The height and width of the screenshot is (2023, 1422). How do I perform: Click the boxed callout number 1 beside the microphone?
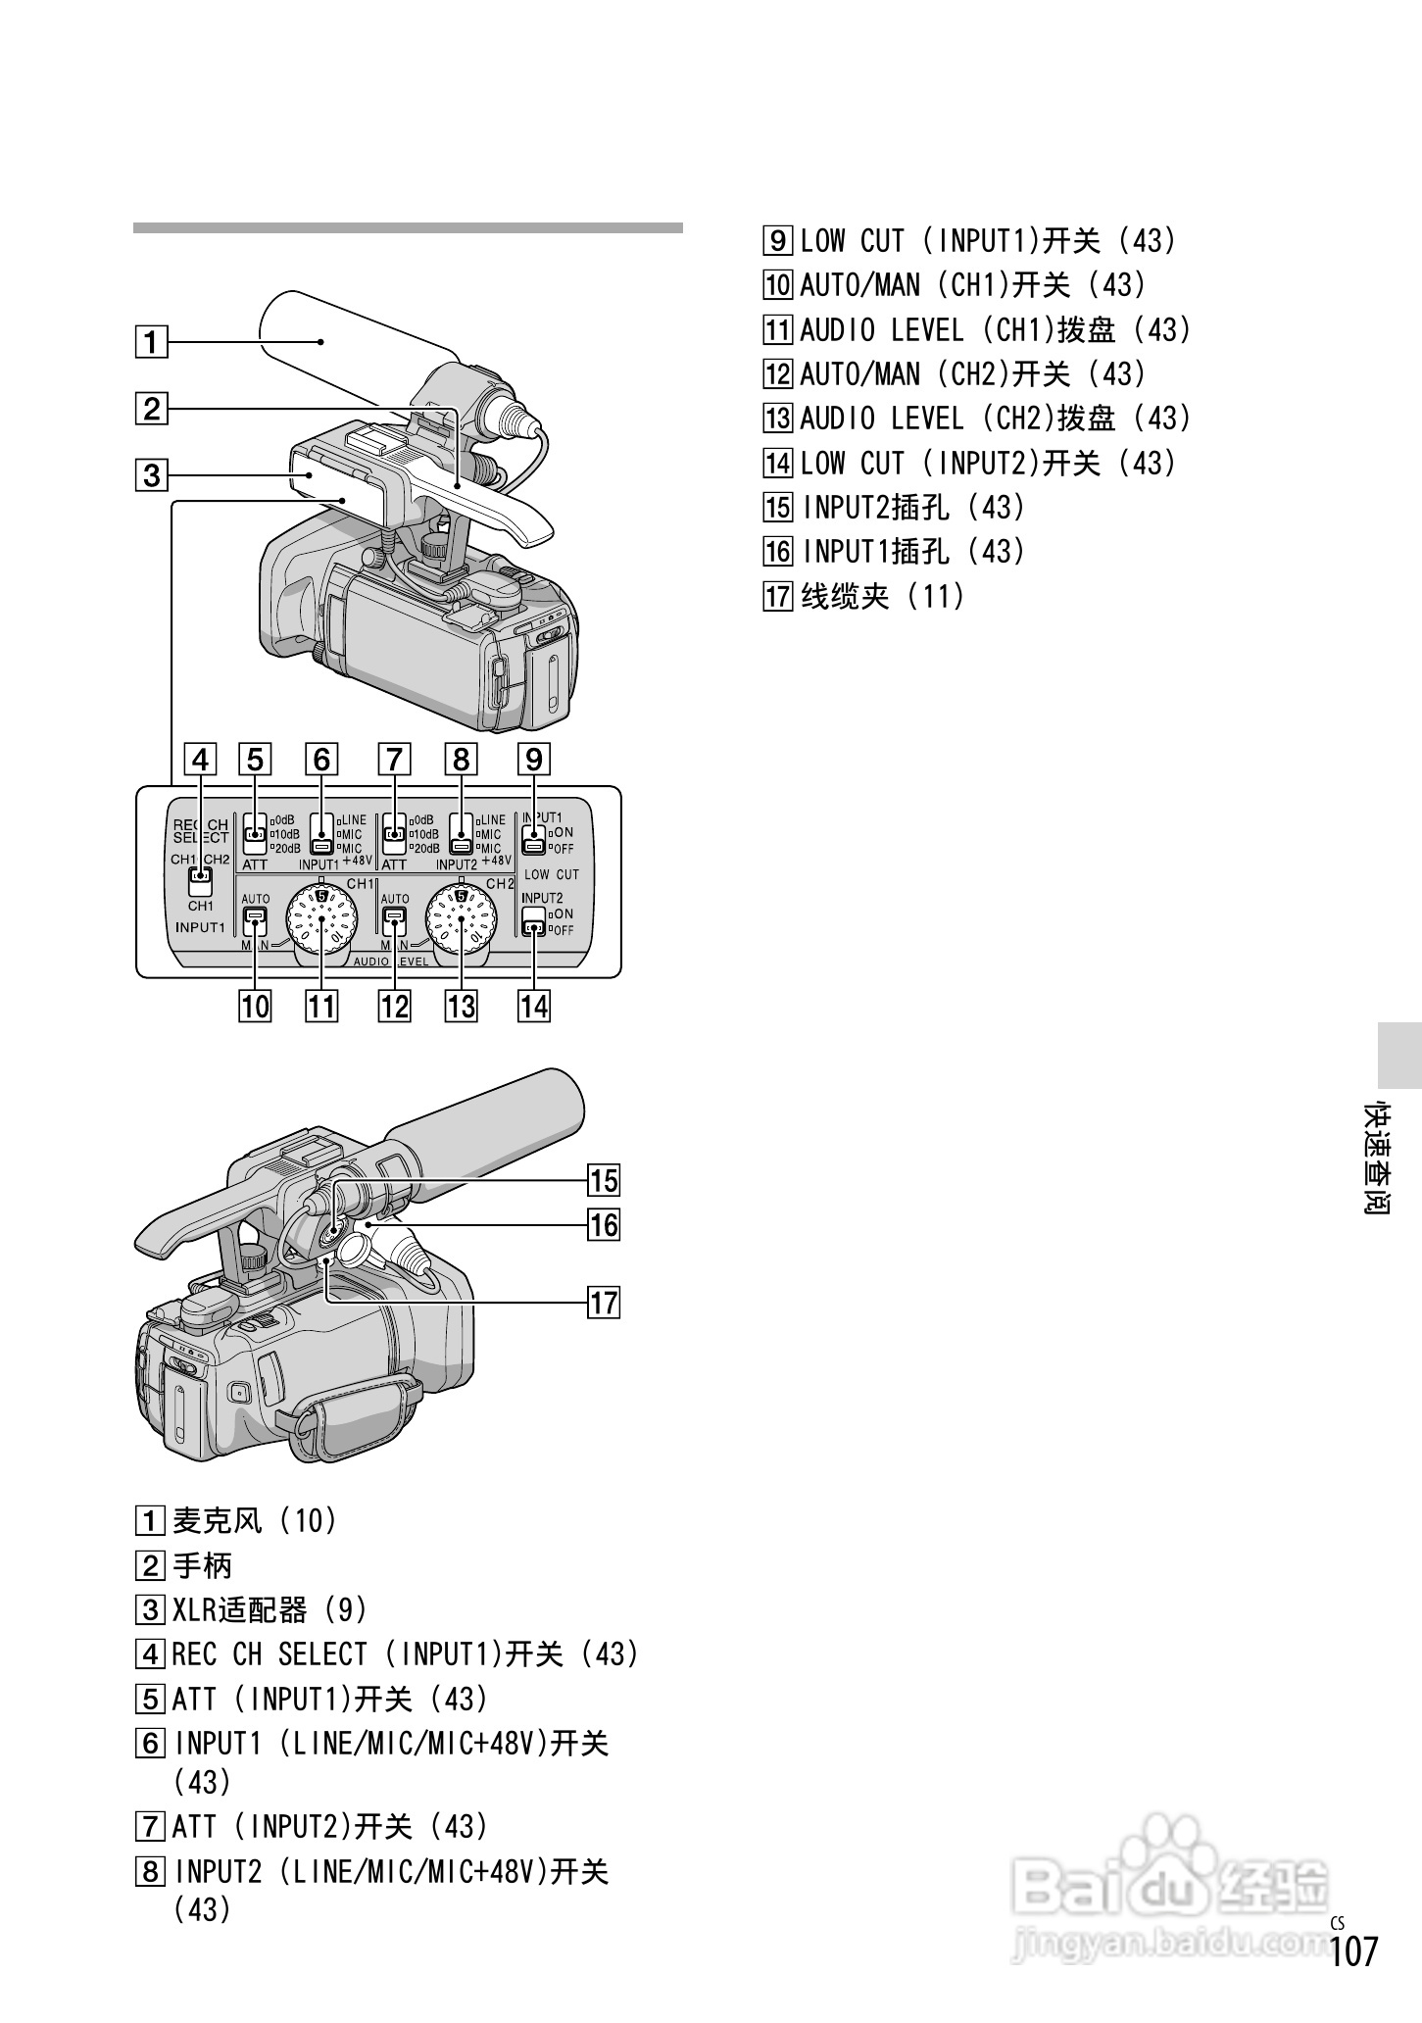151,342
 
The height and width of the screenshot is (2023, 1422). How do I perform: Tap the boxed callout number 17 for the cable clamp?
604,1303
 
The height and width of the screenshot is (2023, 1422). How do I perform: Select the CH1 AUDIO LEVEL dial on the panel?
321,917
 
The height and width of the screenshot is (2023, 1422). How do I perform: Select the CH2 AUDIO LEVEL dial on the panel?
460,917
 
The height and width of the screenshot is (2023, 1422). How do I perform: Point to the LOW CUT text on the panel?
552,874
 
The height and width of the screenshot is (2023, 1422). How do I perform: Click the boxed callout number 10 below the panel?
255,1007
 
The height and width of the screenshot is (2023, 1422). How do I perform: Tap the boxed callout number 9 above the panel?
534,760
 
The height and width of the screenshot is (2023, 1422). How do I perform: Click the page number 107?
1354,1950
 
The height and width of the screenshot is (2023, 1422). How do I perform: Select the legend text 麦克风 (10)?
255,1520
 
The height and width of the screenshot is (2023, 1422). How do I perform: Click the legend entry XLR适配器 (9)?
270,1609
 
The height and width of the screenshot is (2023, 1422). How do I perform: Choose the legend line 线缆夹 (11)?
882,596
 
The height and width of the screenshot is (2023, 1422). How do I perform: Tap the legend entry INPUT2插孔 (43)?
912,508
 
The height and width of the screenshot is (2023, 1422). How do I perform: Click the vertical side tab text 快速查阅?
1378,1159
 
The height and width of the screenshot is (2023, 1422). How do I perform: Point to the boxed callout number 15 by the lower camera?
604,1180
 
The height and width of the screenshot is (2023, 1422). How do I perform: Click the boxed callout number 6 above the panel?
321,760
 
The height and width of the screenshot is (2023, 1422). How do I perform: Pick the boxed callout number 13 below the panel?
461,1007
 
